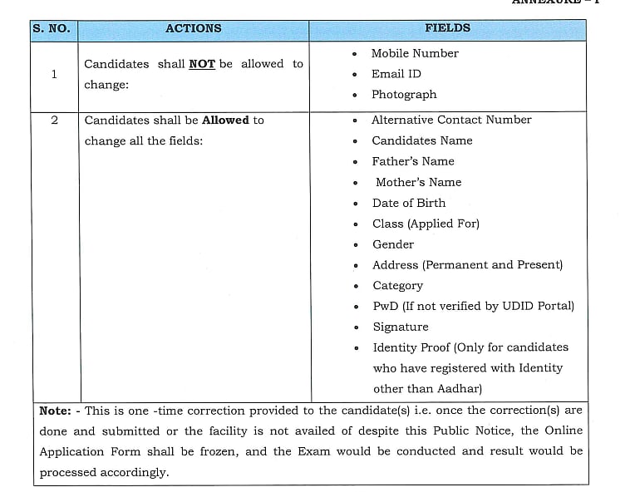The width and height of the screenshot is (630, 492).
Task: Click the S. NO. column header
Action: coord(52,29)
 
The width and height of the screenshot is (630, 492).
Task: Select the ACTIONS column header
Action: coord(193,28)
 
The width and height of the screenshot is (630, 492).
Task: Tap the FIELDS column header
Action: coord(447,28)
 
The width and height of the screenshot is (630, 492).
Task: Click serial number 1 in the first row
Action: coord(54,74)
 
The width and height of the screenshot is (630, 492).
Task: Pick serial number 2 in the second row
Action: coord(54,121)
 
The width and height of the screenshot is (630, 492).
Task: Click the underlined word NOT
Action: coord(202,64)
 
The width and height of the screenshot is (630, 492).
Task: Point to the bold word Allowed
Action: coord(225,121)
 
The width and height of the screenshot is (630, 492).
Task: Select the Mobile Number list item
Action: coord(414,53)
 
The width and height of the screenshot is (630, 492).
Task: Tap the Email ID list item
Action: coord(396,74)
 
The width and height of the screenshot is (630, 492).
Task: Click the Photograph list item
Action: coord(403,95)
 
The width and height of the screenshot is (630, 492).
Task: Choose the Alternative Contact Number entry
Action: coord(451,120)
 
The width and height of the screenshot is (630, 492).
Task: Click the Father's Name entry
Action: coord(413,161)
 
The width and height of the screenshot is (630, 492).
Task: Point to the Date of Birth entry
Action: coord(409,203)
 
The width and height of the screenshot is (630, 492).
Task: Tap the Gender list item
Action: coord(393,244)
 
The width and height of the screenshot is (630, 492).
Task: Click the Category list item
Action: coord(397,285)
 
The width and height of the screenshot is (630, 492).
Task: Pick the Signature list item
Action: coord(401,327)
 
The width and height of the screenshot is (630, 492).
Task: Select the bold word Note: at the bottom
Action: coord(55,411)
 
